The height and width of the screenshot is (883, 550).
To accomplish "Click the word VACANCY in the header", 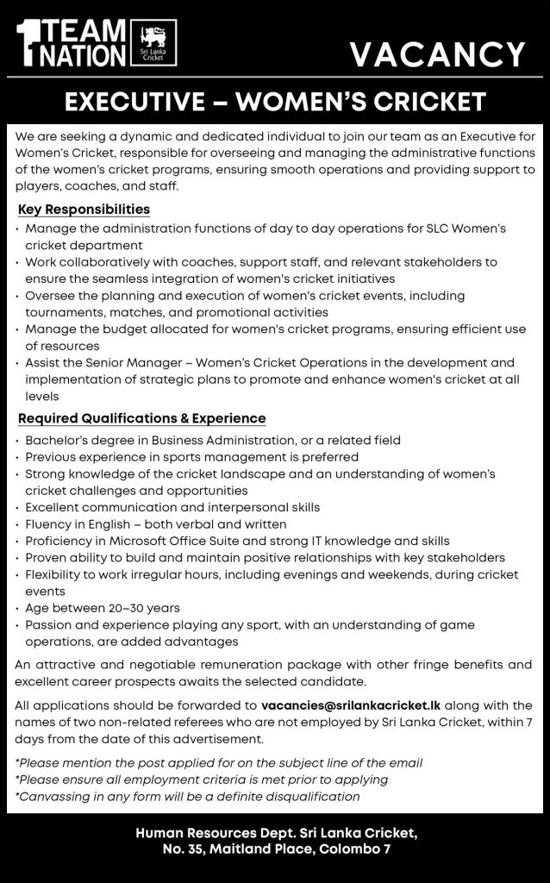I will click(438, 56).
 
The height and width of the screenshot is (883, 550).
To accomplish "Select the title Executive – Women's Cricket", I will click(275, 103).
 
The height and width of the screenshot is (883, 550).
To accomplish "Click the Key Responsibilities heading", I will click(84, 210).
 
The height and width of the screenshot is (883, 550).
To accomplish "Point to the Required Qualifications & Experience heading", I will click(141, 419).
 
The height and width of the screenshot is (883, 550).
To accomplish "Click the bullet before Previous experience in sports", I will click(18, 457).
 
